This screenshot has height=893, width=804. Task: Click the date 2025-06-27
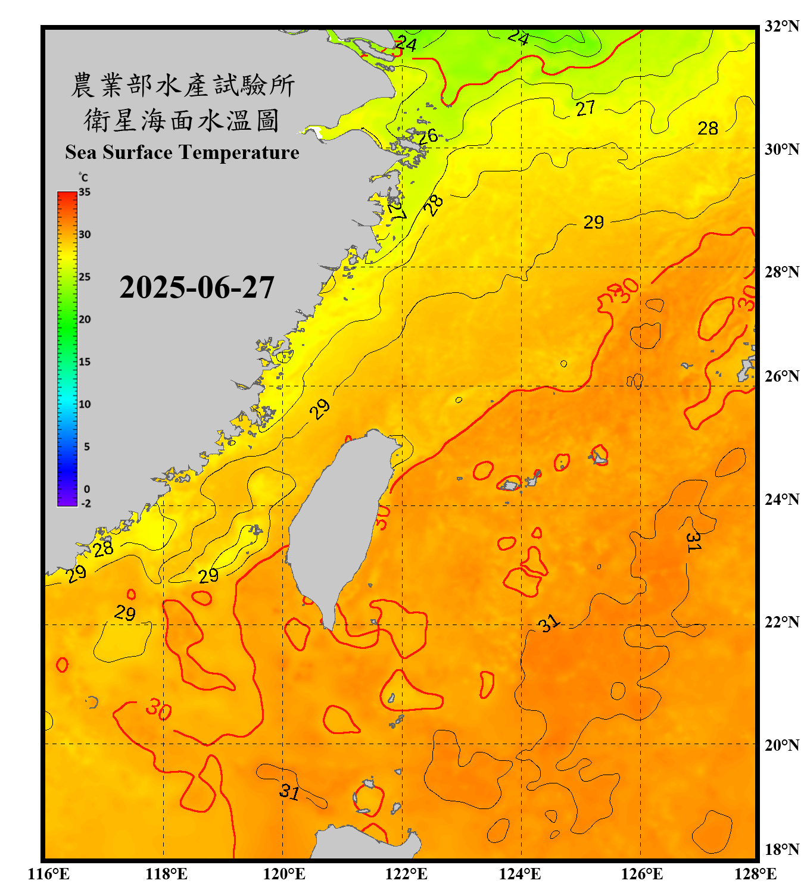point(197,288)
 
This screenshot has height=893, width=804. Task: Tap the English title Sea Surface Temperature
point(182,152)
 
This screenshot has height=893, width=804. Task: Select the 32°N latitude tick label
point(781,26)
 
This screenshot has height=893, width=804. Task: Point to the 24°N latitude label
point(781,499)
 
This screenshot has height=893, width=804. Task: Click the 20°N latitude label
point(781,745)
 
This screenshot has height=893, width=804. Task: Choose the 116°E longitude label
point(49,874)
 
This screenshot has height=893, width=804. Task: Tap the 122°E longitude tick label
point(406,874)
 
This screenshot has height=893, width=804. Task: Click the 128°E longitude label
point(755,874)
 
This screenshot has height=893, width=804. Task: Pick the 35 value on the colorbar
point(85,192)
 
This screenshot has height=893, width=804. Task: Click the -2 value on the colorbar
point(86,504)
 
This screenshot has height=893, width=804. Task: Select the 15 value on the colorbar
point(85,362)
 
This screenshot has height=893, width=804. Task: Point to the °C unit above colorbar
point(83,177)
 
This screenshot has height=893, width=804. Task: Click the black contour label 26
point(428,136)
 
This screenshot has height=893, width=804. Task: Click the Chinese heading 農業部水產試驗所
point(182,85)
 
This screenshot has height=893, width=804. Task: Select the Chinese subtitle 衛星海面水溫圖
point(181,120)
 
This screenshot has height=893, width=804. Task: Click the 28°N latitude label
point(781,271)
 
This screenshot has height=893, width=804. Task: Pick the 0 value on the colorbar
point(87,489)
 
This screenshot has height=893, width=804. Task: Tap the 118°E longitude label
point(166,874)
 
